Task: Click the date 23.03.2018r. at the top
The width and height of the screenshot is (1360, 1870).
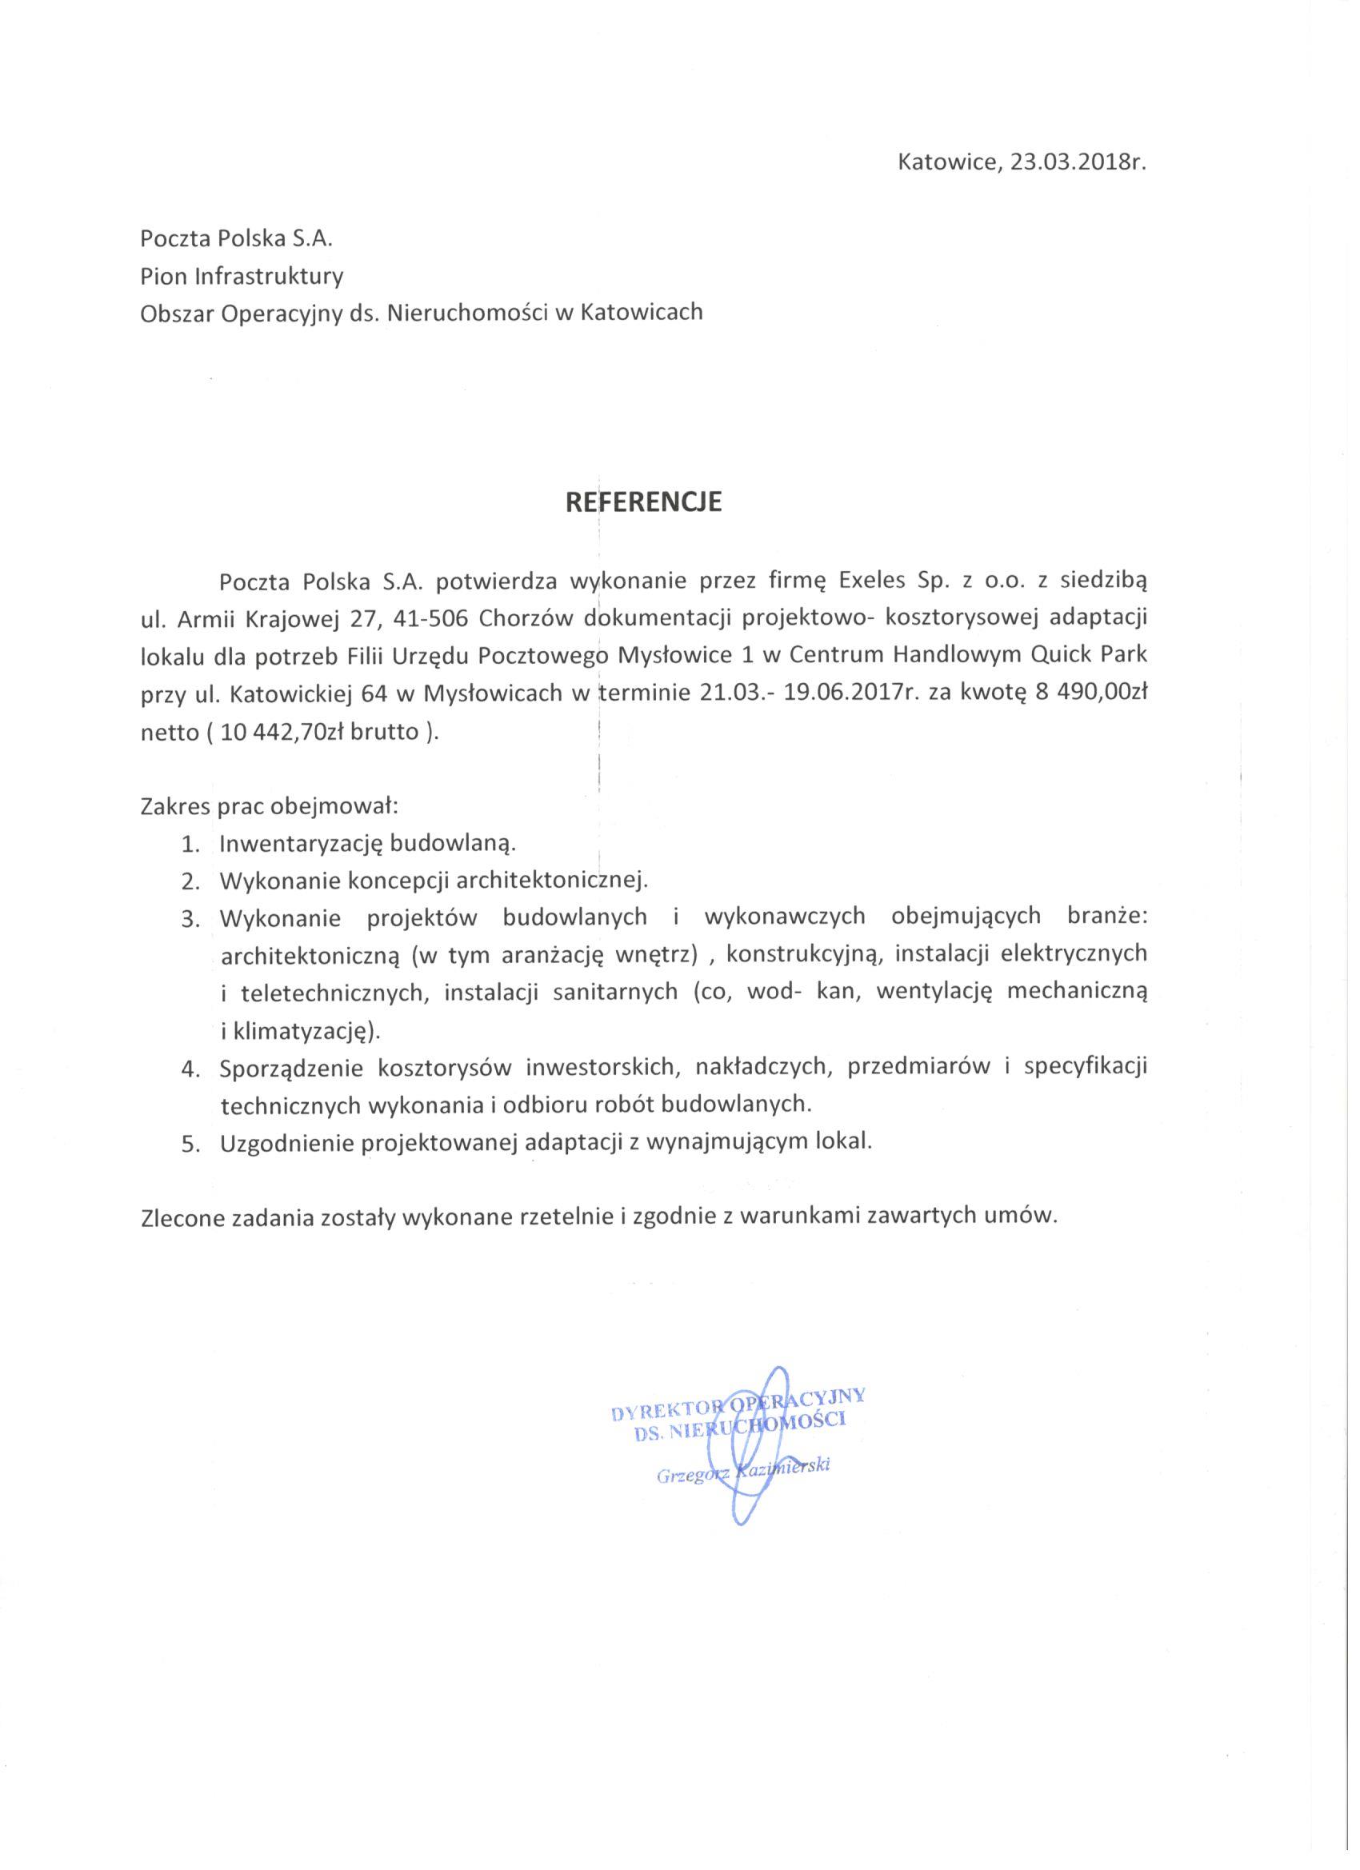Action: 1079,162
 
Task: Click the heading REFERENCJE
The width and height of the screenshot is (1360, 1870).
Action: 642,502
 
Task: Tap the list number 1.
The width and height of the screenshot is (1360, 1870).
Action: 190,845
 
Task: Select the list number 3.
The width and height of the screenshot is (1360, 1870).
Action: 190,918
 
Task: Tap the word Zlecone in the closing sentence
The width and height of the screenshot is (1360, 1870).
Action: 186,1217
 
